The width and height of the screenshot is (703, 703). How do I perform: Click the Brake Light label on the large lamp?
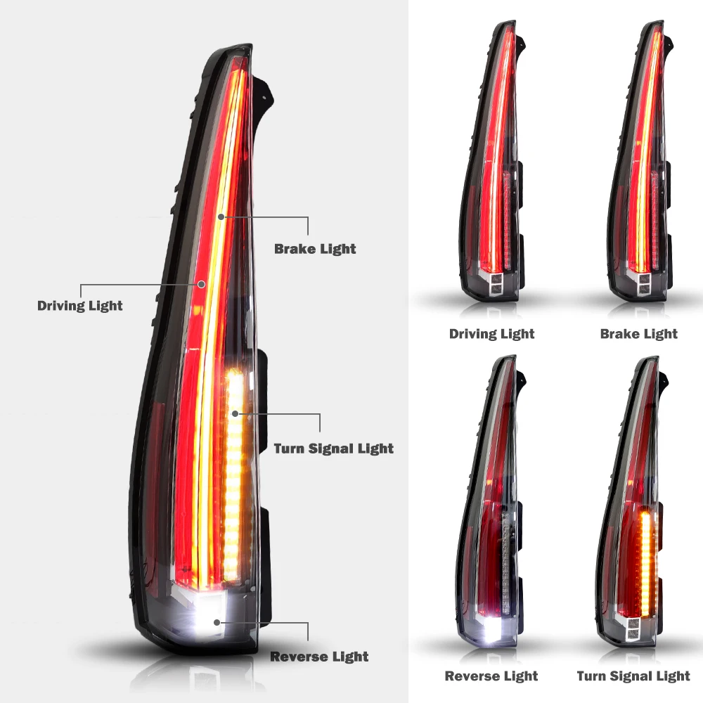pos(315,249)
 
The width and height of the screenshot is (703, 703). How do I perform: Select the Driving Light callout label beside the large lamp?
pos(80,306)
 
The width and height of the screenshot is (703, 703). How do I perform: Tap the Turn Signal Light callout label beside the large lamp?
pos(333,449)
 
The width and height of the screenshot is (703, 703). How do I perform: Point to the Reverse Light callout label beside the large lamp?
pos(319,657)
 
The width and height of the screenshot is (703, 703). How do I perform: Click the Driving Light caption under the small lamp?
pos(491,334)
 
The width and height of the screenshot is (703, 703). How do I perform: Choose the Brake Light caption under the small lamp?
pos(638,334)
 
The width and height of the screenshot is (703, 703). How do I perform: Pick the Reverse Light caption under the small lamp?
pos(491,676)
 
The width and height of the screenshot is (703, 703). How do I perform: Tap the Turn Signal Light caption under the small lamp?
pos(633,676)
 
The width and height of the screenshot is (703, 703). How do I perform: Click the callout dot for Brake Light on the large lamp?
pos(221,217)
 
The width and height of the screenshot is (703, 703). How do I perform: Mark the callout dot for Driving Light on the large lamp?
pos(202,285)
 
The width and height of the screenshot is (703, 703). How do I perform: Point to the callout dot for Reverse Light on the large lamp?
pos(219,623)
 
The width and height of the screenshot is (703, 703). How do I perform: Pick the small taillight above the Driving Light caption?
pos(491,169)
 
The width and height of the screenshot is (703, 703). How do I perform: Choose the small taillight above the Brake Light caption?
pos(640,169)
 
